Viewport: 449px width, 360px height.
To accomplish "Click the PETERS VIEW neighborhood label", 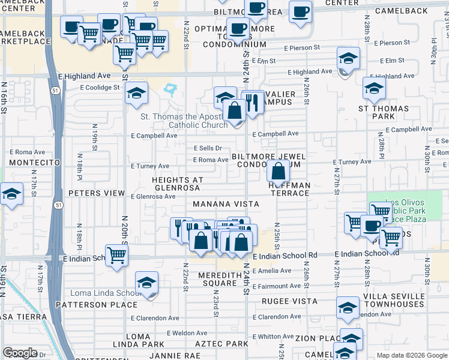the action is tap(96, 194).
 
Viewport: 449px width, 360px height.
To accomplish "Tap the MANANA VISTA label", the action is tap(226, 204).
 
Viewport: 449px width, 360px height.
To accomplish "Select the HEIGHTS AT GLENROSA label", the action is tap(178, 184).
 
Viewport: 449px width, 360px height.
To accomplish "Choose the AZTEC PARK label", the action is tap(221, 344).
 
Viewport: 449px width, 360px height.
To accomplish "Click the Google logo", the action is tap(20, 353).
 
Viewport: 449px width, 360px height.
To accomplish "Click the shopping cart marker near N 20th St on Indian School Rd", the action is tap(116, 254).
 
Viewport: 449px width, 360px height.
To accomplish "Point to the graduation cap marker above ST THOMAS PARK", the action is tap(374, 89).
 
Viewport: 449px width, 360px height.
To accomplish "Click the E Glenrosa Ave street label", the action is tap(153, 196).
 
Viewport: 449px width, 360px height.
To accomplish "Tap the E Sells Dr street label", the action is tap(208, 148).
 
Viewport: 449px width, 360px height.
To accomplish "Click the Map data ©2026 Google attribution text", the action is tap(411, 355).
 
